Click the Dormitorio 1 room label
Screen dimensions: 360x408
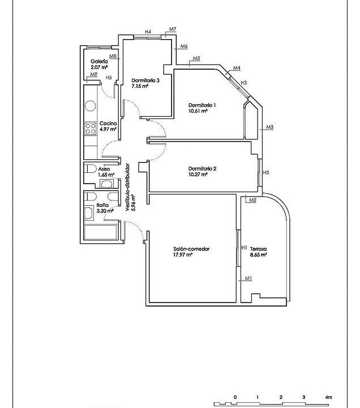click(x=202, y=105)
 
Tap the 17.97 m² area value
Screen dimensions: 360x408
click(x=183, y=255)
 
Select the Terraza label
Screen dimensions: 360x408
click(x=258, y=249)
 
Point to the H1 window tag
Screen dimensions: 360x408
click(x=244, y=248)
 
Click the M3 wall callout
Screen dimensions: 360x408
click(x=270, y=127)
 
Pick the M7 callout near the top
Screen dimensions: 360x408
click(x=173, y=29)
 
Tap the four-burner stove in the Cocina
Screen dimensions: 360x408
click(x=91, y=129)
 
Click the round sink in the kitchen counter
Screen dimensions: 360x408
click(x=91, y=107)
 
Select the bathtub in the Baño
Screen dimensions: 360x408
click(x=100, y=232)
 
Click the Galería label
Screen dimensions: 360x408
click(x=99, y=61)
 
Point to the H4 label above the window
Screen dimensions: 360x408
click(x=148, y=32)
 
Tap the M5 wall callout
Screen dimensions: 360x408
click(x=196, y=58)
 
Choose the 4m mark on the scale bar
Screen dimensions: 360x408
click(x=328, y=397)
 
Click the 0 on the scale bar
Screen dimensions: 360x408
click(x=235, y=397)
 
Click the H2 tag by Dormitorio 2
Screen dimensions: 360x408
click(x=266, y=172)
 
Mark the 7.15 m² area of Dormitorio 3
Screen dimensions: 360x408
click(x=140, y=86)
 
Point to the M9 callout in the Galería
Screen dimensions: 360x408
click(x=93, y=74)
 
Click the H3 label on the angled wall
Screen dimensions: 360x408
click(x=243, y=83)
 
